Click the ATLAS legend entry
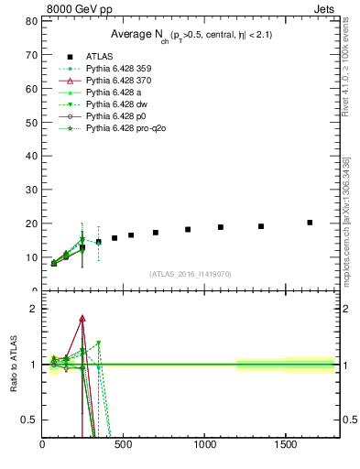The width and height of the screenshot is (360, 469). tap(100, 57)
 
